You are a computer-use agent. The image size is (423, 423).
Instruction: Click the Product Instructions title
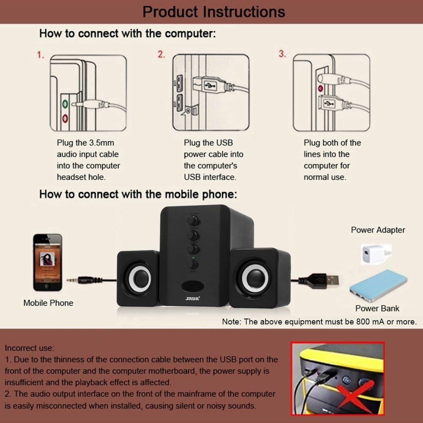coord(214,11)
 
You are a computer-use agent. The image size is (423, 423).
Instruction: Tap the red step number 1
coord(41,55)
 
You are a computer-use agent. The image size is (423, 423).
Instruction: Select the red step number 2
coord(161,55)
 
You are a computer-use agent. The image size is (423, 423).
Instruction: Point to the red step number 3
coord(282,54)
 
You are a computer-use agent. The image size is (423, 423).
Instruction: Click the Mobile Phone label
coord(48,303)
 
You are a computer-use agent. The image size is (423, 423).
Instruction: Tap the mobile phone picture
coord(48,262)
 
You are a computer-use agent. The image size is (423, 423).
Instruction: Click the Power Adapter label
coord(378,230)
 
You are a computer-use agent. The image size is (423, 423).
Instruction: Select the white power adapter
coord(374,253)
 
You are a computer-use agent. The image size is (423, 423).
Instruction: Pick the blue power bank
coord(378,286)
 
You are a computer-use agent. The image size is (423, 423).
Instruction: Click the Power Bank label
coord(377,308)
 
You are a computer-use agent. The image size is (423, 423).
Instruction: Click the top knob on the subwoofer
coord(194,220)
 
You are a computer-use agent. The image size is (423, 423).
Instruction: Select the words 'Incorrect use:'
coord(30,349)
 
